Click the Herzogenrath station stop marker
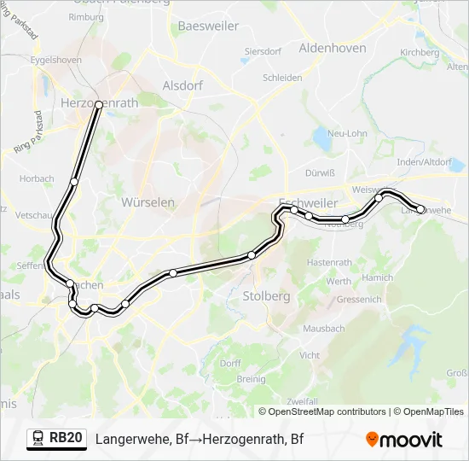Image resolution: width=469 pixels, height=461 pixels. (99, 104)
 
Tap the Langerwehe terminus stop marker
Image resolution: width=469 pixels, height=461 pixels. (420, 209)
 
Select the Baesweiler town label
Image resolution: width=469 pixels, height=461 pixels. (207, 26)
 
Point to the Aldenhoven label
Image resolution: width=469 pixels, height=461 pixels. (333, 48)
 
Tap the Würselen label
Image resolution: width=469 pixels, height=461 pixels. (148, 202)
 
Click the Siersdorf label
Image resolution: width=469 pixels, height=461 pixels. (263, 51)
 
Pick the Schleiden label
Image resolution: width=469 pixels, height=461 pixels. (282, 77)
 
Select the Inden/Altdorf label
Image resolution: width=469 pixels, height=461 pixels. (424, 161)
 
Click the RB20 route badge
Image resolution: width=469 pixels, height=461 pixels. (57, 439)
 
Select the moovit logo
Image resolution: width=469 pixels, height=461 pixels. (404, 439)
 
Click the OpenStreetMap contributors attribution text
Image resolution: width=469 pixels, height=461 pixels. (327, 411)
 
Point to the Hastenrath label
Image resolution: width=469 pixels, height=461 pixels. (329, 261)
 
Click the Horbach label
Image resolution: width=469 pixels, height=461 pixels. (37, 179)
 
